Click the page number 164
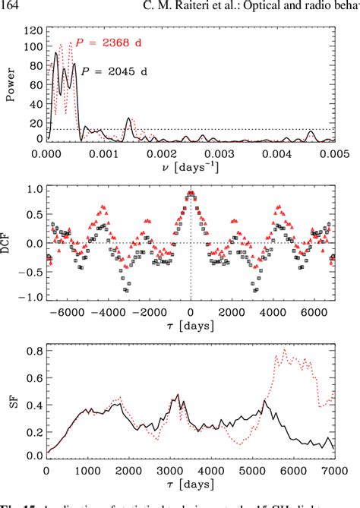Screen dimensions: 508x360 click(x=11, y=8)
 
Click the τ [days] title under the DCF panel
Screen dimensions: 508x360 click(x=190, y=326)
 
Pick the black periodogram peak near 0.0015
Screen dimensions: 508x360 click(x=128, y=119)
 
